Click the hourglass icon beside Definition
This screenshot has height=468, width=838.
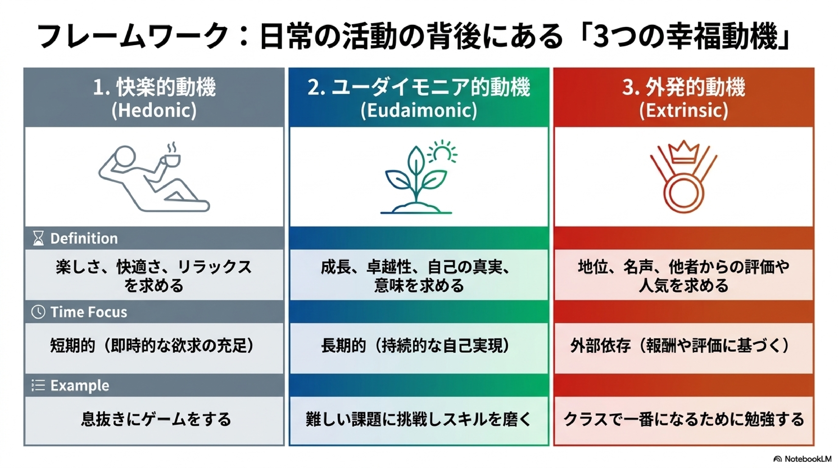tap(38, 238)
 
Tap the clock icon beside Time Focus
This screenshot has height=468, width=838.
tap(38, 312)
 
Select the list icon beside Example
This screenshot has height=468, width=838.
tap(38, 385)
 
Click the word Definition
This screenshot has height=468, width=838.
tap(84, 238)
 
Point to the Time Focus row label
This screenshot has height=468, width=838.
tap(89, 312)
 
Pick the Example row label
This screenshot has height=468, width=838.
tap(80, 386)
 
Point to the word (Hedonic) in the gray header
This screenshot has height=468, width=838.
tap(154, 111)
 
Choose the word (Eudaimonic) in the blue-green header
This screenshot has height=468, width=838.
tap(419, 111)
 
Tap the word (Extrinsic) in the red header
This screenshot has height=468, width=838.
tap(683, 111)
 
